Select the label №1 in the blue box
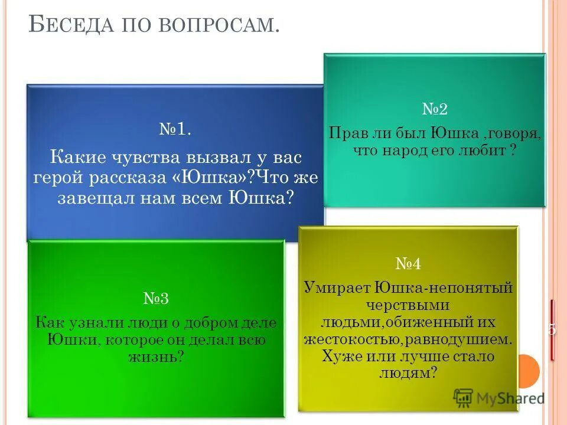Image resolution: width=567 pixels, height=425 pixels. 175,129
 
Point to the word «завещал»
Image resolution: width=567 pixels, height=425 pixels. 95,197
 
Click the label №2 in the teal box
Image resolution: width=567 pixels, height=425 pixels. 435,109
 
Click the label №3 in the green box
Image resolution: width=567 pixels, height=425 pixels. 156,298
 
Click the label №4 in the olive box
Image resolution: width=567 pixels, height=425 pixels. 408,264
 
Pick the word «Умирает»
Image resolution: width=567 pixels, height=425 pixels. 337,288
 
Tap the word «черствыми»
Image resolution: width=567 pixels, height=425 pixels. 408,305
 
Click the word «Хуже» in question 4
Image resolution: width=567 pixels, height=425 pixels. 339,356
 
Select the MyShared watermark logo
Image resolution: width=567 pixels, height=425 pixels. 499,397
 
